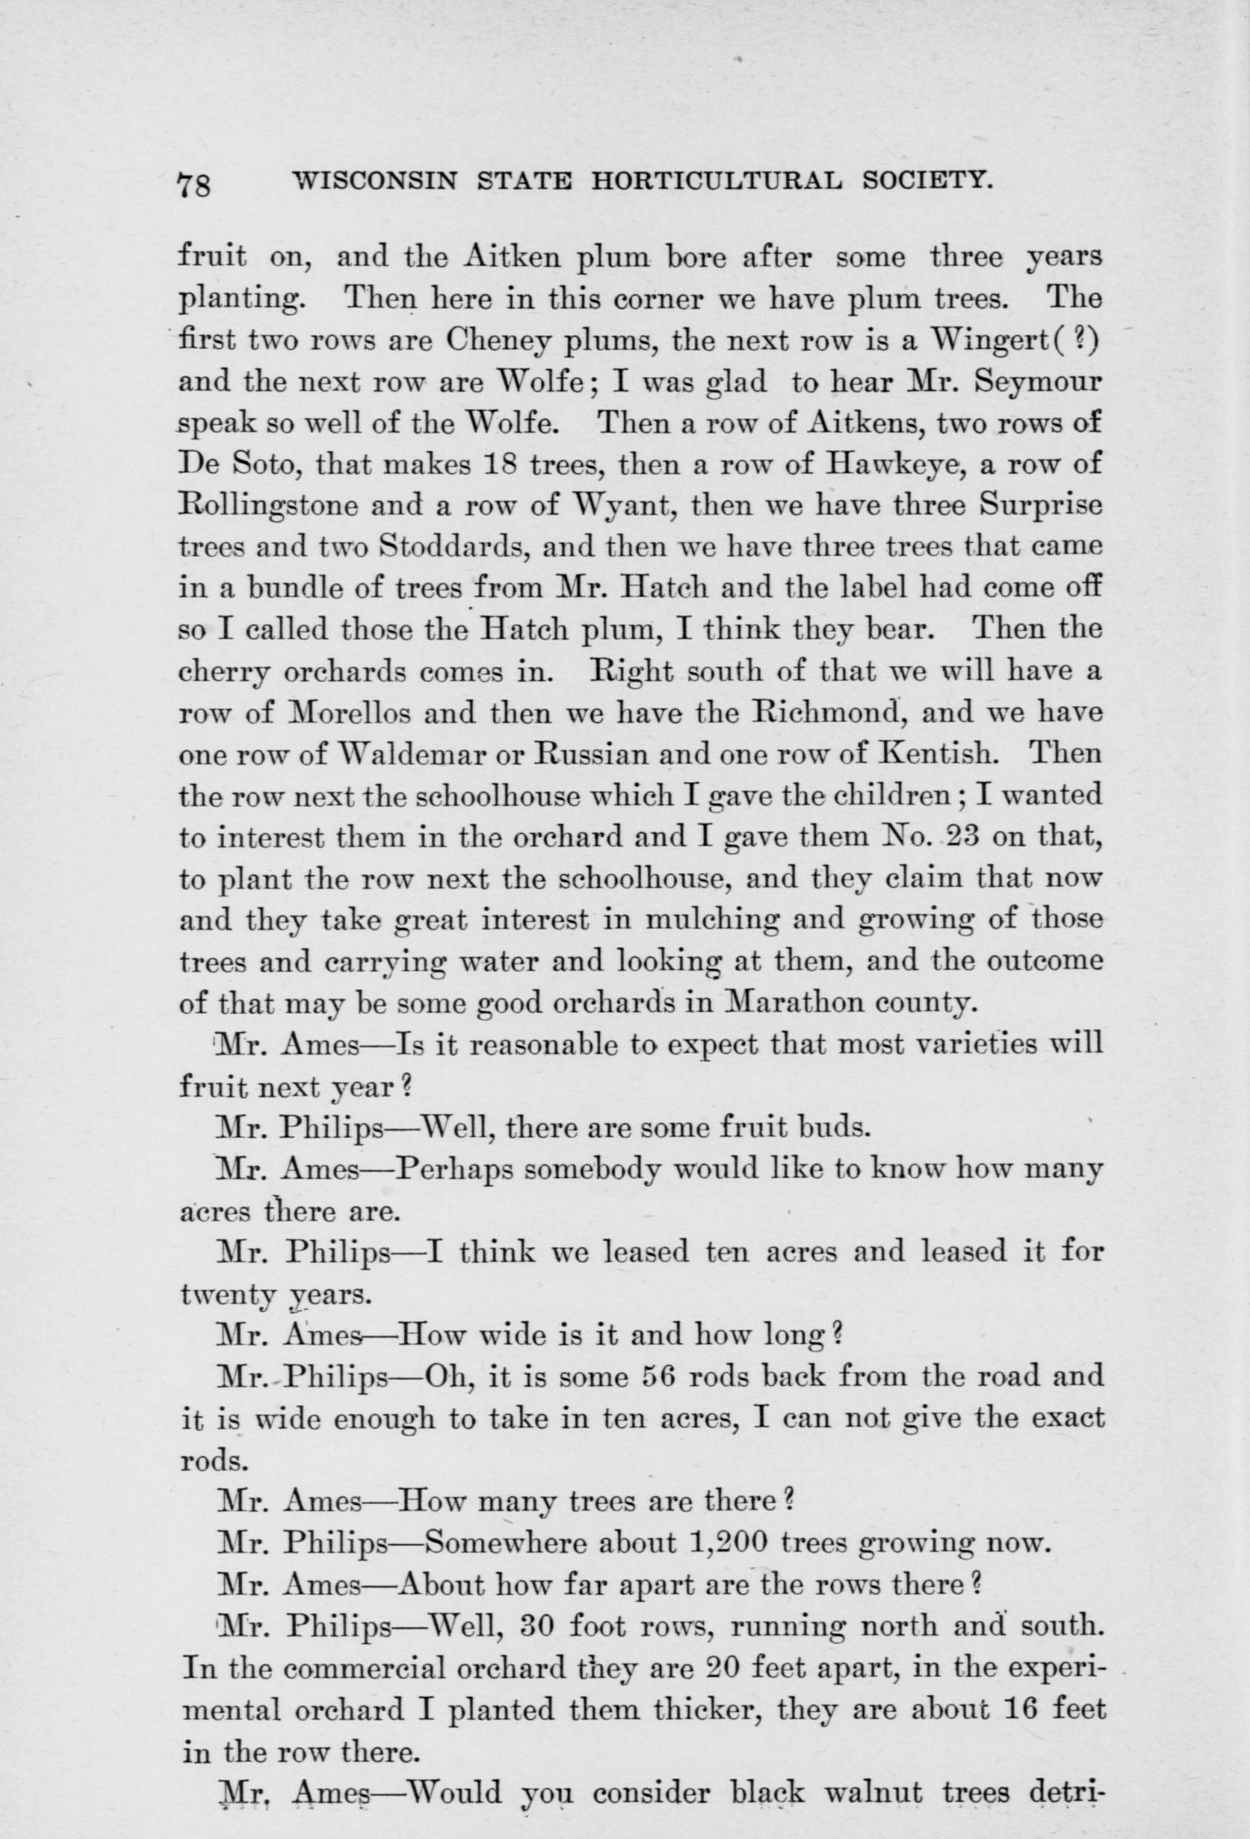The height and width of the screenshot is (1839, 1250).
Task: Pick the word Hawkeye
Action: (892, 464)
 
